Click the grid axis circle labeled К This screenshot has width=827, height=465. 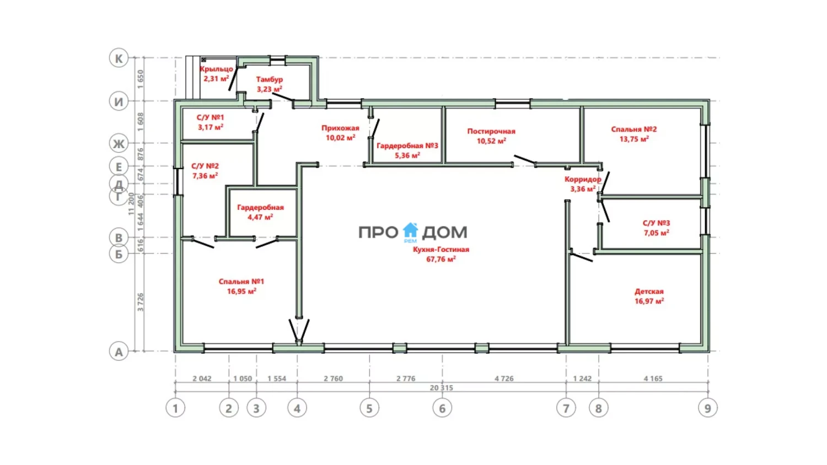pos(119,58)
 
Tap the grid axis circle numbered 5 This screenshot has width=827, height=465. pos(369,408)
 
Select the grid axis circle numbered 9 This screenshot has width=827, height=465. pos(708,408)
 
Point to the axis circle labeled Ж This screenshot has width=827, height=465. pos(119,143)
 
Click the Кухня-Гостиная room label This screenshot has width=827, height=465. pos(441,250)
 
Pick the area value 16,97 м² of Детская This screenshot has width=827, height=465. pos(649,301)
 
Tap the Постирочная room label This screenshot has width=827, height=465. pos(491,131)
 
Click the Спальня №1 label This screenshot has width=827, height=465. pos(241,282)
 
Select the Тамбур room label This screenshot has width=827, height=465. pos(270,79)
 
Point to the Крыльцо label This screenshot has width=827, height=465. pos(216,69)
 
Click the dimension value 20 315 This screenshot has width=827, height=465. pos(441,387)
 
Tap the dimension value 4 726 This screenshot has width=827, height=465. pos(504,379)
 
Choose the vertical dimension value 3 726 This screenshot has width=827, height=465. pos(140,302)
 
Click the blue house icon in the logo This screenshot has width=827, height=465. pos(410,231)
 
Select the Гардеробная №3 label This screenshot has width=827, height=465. pos(407,146)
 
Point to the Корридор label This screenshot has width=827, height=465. pos(583,180)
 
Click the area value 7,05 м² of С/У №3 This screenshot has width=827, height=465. pos(657,233)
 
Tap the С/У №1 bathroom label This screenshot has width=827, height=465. pos(211,117)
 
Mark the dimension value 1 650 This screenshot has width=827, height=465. pos(140,79)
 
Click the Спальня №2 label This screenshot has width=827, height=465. pos(634,129)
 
